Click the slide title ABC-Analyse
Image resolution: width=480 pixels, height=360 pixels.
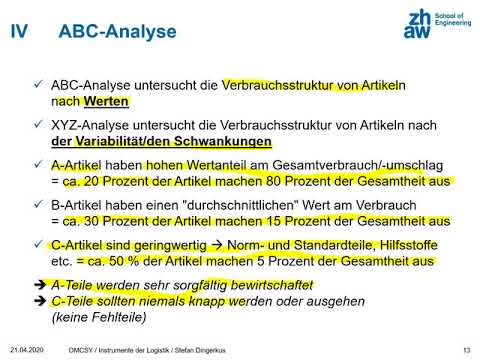117,32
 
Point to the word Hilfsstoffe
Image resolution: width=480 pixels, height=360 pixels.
405,246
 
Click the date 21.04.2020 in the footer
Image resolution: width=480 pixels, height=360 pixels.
29,349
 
